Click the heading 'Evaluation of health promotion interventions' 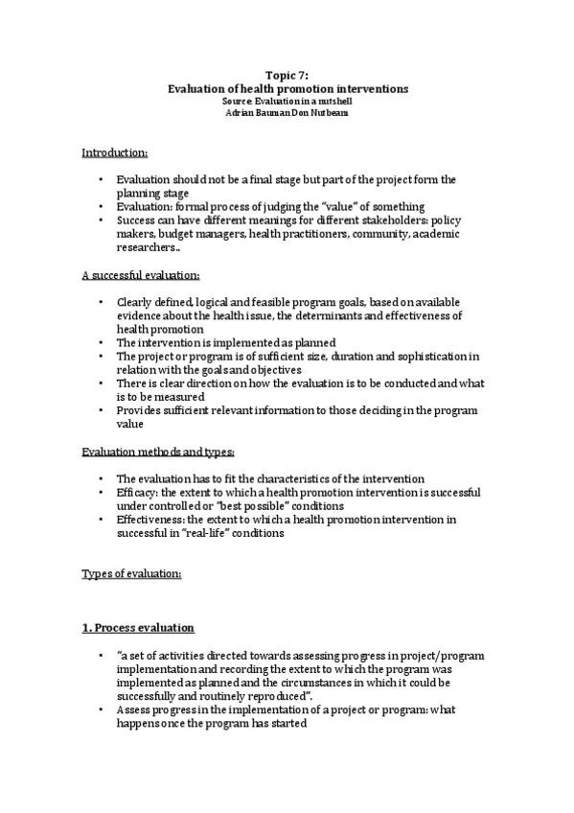287,88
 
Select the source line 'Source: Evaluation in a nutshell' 287,101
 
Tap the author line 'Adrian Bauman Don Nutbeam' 287,112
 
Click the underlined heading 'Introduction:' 114,152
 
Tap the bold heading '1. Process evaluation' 138,628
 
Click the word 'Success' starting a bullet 136,220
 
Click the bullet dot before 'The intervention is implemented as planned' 101,342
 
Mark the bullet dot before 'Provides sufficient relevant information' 101,410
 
